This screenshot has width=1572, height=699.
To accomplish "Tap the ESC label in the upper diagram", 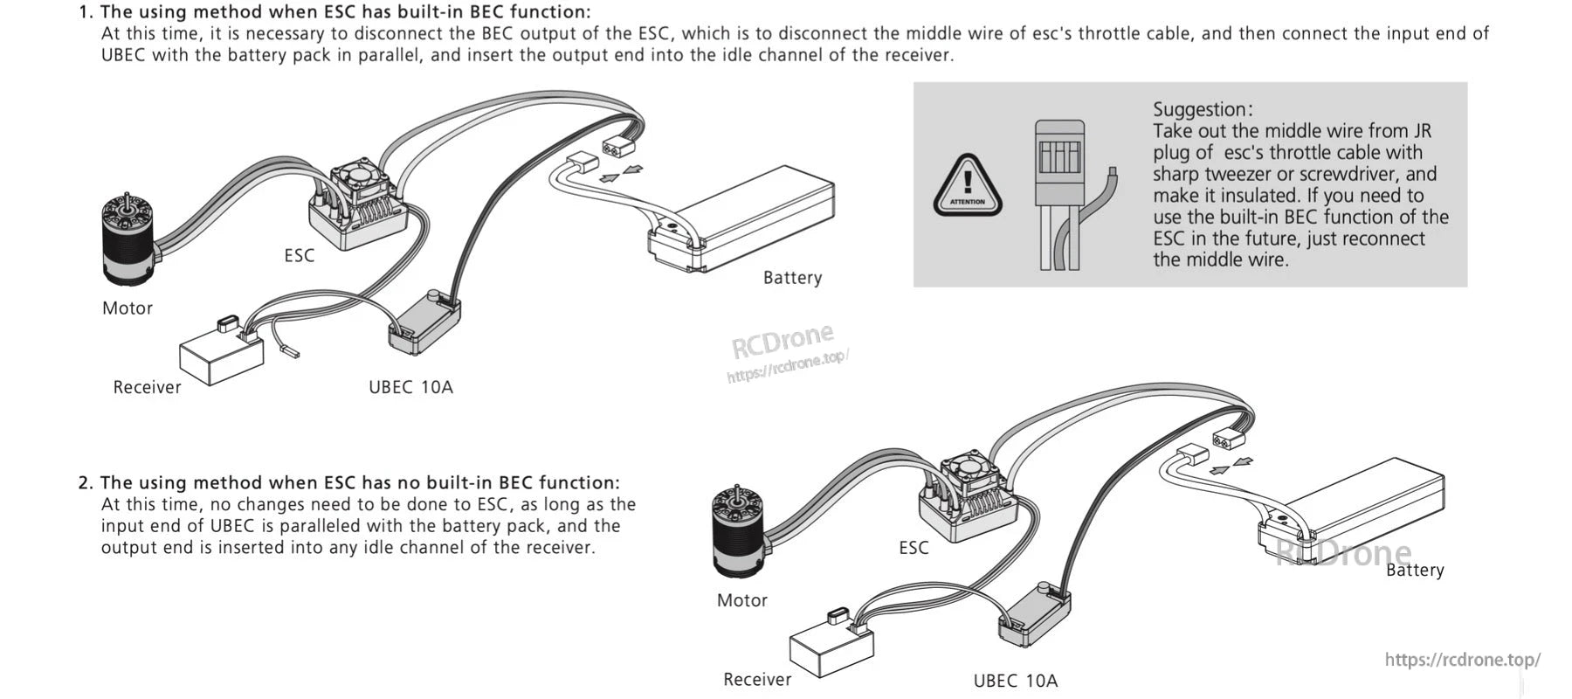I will point(300,255).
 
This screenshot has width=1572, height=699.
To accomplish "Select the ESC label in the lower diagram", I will point(914,548).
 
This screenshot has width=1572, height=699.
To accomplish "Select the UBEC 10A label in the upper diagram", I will point(410,387).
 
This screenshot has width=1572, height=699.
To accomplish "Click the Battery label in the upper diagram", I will point(792,278).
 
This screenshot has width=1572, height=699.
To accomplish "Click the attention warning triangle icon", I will point(967,186).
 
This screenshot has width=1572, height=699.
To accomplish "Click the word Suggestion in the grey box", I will point(1202,109).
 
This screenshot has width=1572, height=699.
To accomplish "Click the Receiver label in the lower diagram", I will point(757,680).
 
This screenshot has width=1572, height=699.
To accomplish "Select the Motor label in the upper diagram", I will point(128,308).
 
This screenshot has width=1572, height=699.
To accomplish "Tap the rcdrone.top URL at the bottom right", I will point(1462,660).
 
